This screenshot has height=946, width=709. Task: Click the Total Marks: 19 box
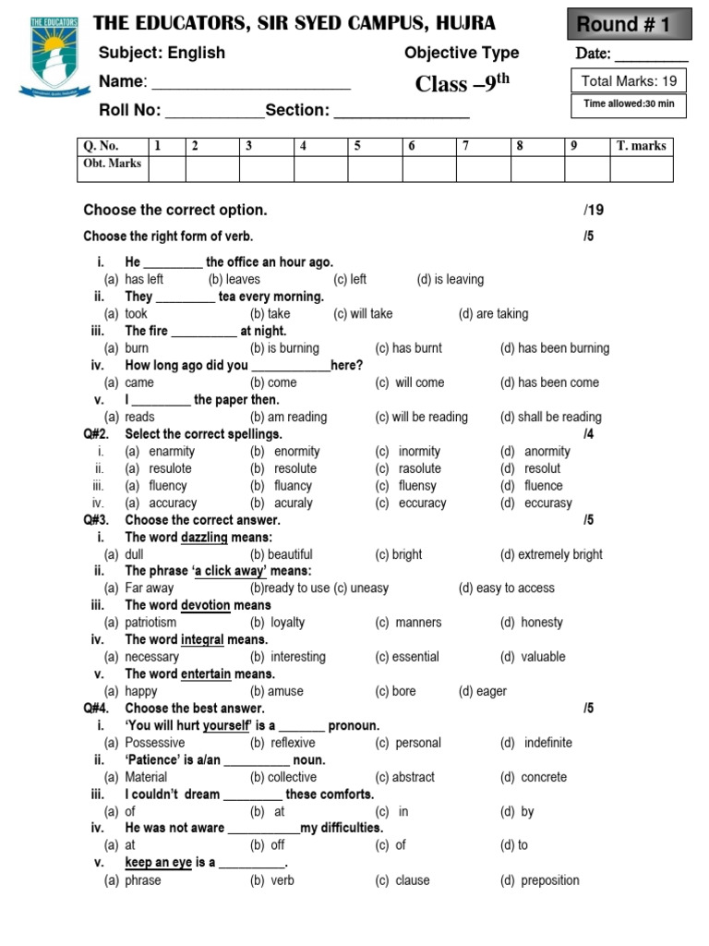pyautogui.click(x=630, y=81)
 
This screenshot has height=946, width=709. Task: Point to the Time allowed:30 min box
pyautogui.click(x=630, y=104)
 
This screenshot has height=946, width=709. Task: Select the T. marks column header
pyautogui.click(x=641, y=146)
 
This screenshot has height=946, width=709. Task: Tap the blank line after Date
pyautogui.click(x=652, y=55)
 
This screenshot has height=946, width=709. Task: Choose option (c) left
pyautogui.click(x=350, y=279)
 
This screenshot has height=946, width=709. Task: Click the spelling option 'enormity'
pyautogui.click(x=296, y=452)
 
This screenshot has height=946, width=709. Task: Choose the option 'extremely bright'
pyautogui.click(x=559, y=554)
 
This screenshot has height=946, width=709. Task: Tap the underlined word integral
pyautogui.click(x=202, y=639)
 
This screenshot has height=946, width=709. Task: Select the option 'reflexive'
pyautogui.click(x=293, y=743)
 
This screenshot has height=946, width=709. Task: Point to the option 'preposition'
pyautogui.click(x=550, y=880)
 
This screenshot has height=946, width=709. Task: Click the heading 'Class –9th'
pyautogui.click(x=462, y=84)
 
